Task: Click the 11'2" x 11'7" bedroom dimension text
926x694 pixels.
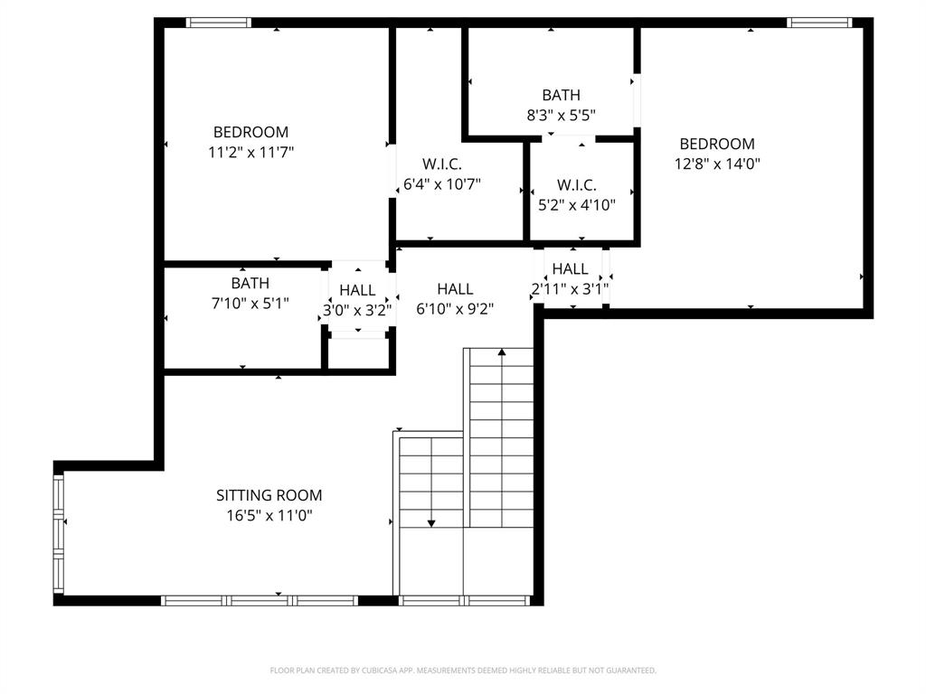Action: point(250,153)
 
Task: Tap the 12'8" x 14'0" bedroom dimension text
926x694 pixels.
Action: point(717,164)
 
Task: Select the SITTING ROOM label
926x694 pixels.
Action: point(269,495)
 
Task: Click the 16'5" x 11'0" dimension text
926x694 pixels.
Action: point(269,516)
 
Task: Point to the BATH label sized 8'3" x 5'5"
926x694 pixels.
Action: point(561,95)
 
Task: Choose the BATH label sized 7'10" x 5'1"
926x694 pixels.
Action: point(250,284)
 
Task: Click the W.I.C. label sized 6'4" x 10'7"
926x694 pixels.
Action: point(442,164)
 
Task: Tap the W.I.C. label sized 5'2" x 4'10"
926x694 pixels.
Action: point(576,185)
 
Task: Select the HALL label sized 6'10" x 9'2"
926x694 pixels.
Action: point(455,289)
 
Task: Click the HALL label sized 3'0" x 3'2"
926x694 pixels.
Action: point(357,290)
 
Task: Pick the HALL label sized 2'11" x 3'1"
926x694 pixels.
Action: point(570,268)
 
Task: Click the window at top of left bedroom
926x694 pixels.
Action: point(219,23)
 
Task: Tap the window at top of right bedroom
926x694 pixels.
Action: point(819,23)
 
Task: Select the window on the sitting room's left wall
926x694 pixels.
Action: point(59,533)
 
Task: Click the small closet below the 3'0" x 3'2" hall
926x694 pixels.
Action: point(359,354)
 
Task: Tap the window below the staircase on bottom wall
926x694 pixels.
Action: point(464,600)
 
